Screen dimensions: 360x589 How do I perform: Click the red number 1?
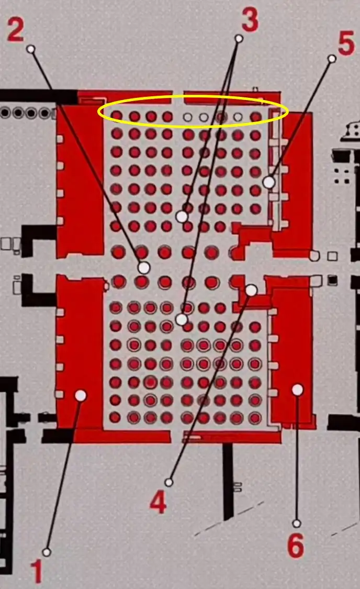(37, 571)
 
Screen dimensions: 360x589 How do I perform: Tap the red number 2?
(16, 30)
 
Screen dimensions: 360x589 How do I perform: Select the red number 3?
(250, 19)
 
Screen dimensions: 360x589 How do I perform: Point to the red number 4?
(158, 502)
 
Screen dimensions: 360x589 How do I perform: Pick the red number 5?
(346, 43)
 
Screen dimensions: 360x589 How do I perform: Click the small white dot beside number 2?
(31, 49)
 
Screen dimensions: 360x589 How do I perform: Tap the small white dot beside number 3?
(239, 38)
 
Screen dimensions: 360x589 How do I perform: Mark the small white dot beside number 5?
(332, 59)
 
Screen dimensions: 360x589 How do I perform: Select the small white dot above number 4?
(169, 482)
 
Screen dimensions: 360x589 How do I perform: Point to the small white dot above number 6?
(297, 523)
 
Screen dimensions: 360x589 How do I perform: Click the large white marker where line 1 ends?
(81, 395)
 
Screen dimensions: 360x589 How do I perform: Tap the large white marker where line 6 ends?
(297, 390)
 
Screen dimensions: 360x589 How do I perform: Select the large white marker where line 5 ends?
(269, 183)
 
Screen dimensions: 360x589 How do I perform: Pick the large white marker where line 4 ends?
(251, 290)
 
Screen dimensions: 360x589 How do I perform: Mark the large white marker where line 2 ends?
(144, 268)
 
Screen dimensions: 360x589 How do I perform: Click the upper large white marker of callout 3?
(182, 216)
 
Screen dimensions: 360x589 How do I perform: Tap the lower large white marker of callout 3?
(182, 320)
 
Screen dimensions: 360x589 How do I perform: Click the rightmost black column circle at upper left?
(45, 113)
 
